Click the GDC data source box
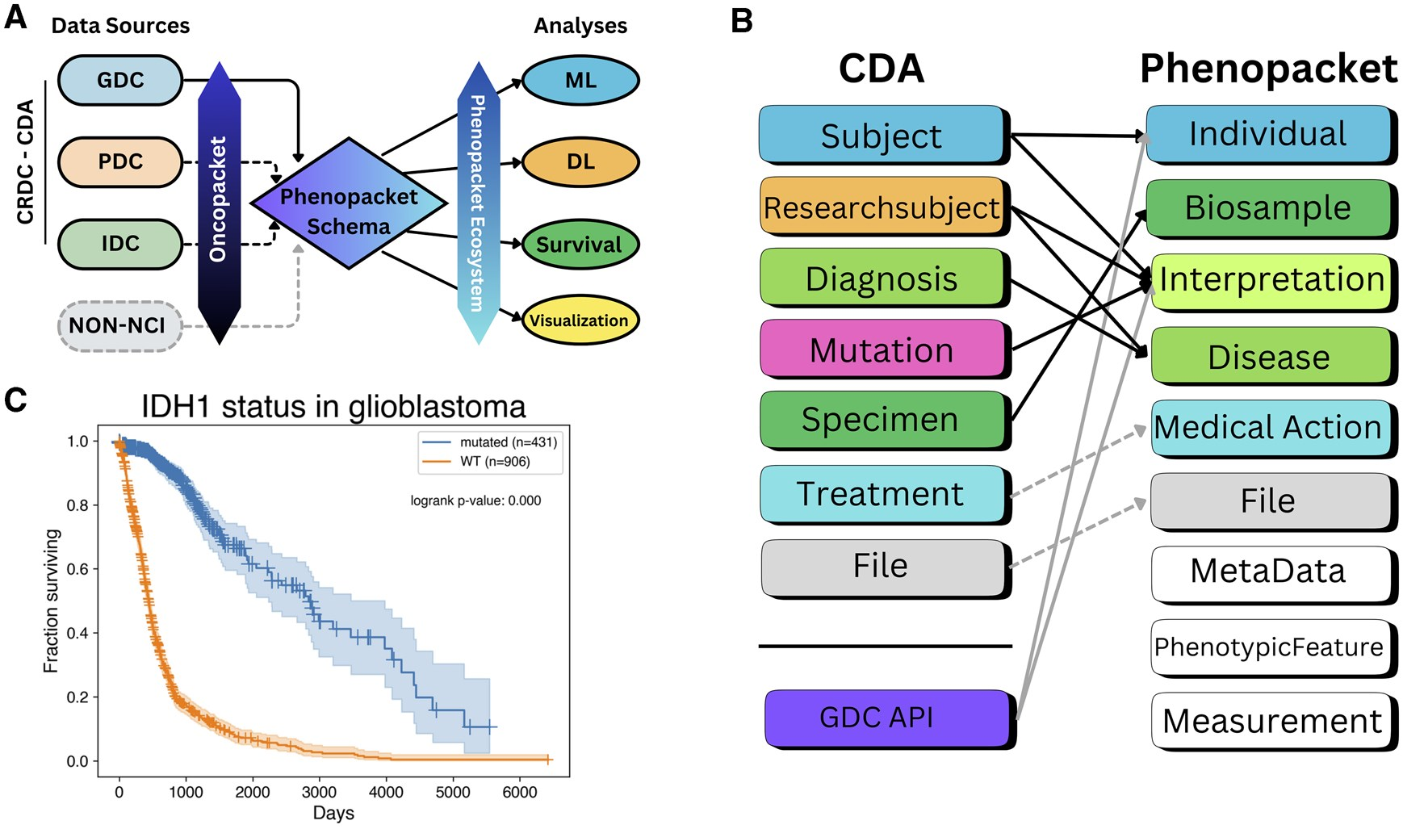[x=120, y=80]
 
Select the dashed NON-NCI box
[x=118, y=325]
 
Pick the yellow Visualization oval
[x=580, y=320]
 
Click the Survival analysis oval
[x=580, y=244]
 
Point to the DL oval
[x=580, y=162]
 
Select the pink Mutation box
[x=882, y=350]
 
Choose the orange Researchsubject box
[x=882, y=207]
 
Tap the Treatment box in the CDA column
[x=882, y=493]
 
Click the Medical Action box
[x=1268, y=427]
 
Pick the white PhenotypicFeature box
[x=1268, y=647]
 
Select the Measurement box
[x=1271, y=720]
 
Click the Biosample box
[x=1268, y=207]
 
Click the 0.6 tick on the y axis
[x=77, y=569]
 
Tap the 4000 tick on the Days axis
[x=386, y=792]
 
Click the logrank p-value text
[x=475, y=500]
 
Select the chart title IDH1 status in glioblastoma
[x=333, y=407]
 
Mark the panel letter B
[x=741, y=21]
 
